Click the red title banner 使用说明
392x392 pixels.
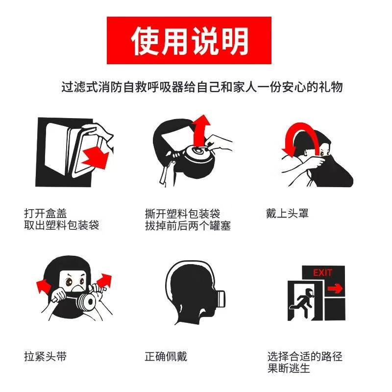tap(189, 40)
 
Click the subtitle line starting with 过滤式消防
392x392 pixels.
tap(202, 87)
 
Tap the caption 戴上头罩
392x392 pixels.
tap(287, 214)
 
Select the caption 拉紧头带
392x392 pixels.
tap(46, 356)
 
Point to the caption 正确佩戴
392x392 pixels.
tap(166, 356)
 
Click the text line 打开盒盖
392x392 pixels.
tap(46, 214)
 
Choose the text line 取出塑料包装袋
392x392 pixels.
tap(62, 225)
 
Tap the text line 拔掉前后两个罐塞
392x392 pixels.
tap(188, 225)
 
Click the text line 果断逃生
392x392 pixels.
tap(289, 368)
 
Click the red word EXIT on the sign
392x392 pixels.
tap(322, 272)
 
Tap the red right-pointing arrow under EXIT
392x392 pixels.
tap(335, 289)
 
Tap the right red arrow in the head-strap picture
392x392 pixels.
tap(104, 280)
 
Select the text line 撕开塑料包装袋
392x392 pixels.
tap(182, 214)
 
